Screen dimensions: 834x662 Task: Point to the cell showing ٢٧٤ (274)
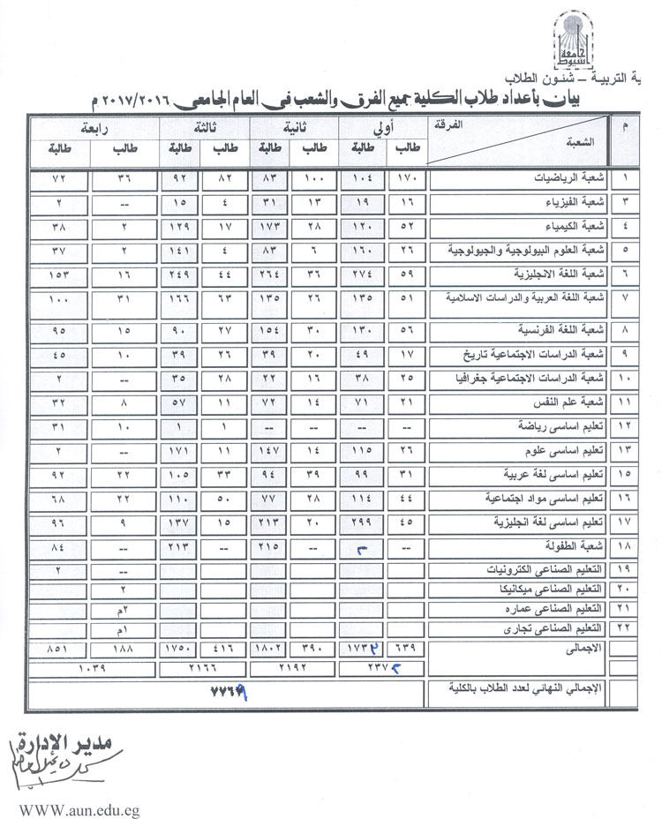pyautogui.click(x=362, y=274)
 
